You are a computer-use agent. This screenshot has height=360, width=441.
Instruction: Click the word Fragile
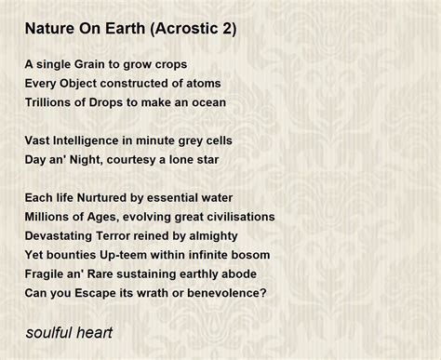click(47, 273)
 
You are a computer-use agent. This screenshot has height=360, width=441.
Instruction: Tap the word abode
click(236, 273)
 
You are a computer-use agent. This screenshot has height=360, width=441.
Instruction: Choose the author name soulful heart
click(69, 331)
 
